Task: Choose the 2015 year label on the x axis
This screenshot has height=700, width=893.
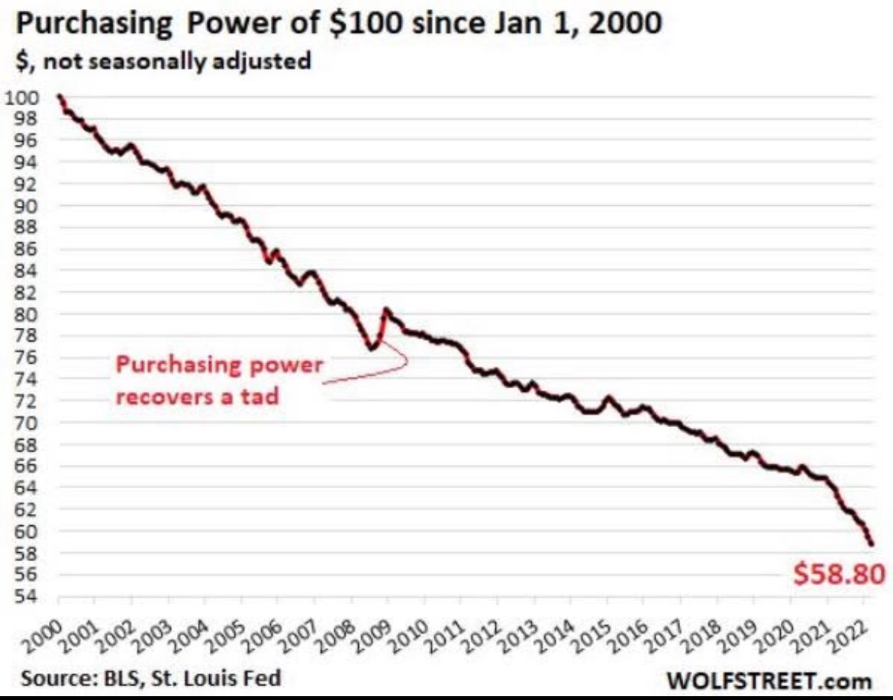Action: [592, 630]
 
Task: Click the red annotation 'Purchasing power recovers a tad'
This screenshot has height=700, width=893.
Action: [219, 380]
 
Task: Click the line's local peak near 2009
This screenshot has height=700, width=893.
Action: [386, 309]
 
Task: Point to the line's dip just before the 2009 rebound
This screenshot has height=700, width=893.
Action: [372, 348]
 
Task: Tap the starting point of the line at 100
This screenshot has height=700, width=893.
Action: [60, 96]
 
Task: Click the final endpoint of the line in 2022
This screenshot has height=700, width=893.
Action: [871, 544]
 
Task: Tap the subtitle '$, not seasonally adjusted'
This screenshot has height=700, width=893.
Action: [163, 61]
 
